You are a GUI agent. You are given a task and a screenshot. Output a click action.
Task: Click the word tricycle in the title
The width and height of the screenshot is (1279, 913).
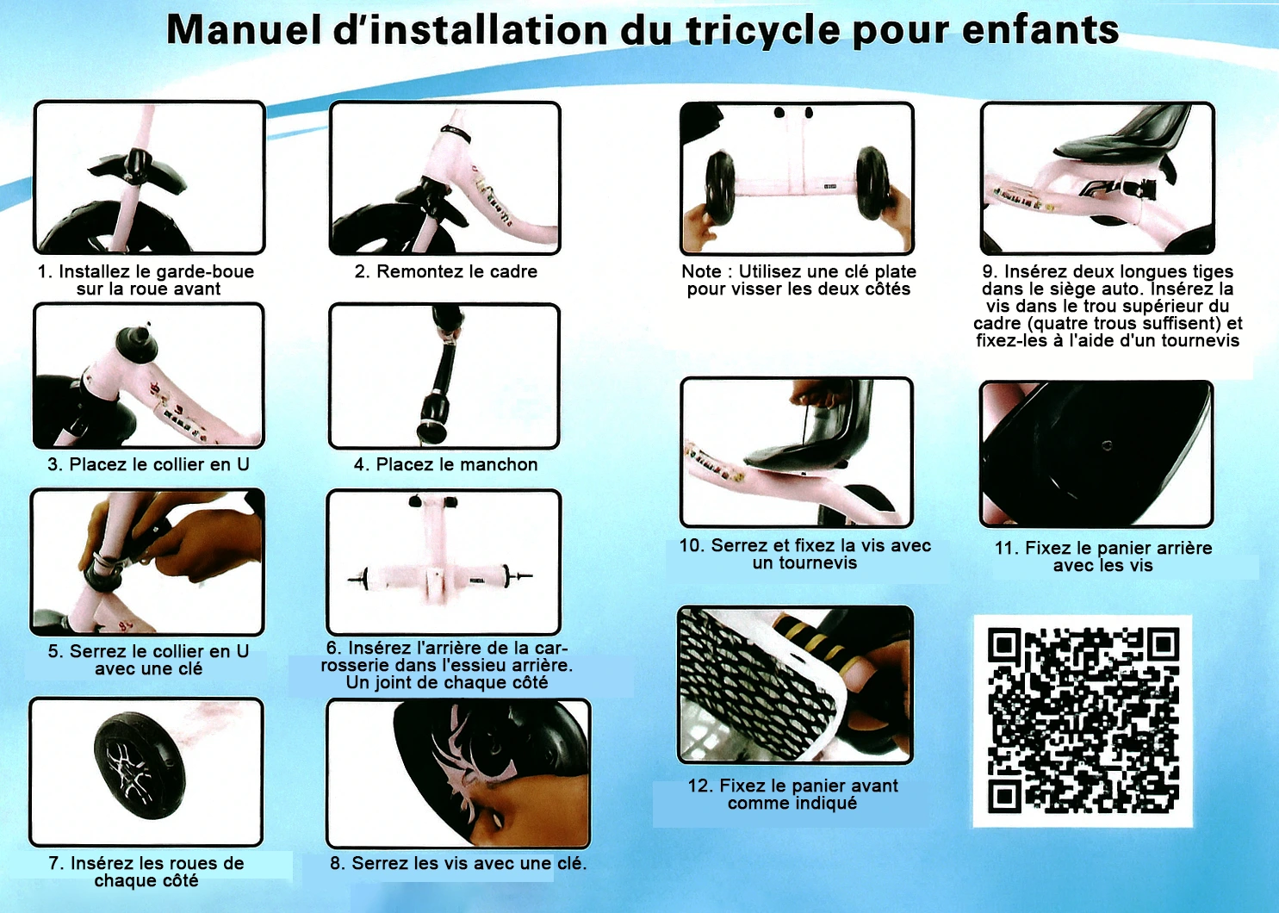click(763, 31)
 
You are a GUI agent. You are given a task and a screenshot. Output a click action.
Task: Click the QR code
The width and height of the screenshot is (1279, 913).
click(1083, 721)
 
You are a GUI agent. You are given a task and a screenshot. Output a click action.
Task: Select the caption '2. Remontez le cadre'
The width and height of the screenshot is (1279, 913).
click(446, 271)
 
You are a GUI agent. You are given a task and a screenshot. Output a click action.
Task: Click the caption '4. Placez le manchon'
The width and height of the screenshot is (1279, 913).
click(446, 464)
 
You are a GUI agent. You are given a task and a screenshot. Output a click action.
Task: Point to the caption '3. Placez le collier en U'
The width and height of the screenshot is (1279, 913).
click(148, 464)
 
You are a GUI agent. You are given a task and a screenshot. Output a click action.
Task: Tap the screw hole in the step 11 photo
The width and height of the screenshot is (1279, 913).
click(1107, 445)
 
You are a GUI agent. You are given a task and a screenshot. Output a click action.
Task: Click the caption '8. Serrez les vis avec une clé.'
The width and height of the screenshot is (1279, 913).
click(458, 863)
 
